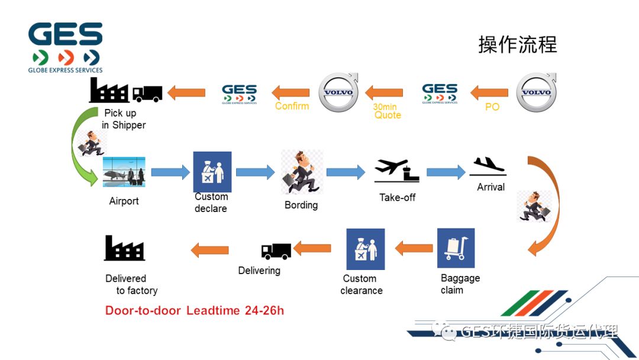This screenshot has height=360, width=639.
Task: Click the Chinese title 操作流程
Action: pyautogui.click(x=517, y=45)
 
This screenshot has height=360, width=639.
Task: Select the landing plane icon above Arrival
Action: pyautogui.click(x=488, y=166)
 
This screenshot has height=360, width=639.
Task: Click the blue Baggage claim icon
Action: pyautogui.click(x=456, y=247)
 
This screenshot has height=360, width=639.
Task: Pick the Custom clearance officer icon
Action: pyautogui.click(x=365, y=249)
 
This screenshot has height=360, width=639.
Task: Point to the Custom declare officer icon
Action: pyautogui.click(x=212, y=172)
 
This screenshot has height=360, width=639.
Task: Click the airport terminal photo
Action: pyautogui.click(x=124, y=172)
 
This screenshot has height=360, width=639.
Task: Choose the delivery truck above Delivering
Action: pyautogui.click(x=276, y=251)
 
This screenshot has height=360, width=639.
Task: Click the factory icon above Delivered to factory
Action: pyautogui.click(x=124, y=248)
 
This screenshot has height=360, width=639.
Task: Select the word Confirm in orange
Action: pyautogui.click(x=292, y=106)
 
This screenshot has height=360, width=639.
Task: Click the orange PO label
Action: pyautogui.click(x=492, y=107)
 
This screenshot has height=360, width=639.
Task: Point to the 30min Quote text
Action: pyautogui.click(x=386, y=111)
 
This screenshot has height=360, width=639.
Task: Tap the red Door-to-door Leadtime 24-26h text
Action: pyautogui.click(x=194, y=310)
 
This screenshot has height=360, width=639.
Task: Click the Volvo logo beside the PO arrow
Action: pyautogui.click(x=537, y=92)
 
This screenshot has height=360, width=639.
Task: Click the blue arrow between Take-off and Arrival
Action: pyautogui.click(x=446, y=172)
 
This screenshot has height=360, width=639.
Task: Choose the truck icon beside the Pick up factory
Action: pyautogui.click(x=147, y=94)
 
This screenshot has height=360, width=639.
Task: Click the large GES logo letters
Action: pyautogui.click(x=65, y=35)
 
